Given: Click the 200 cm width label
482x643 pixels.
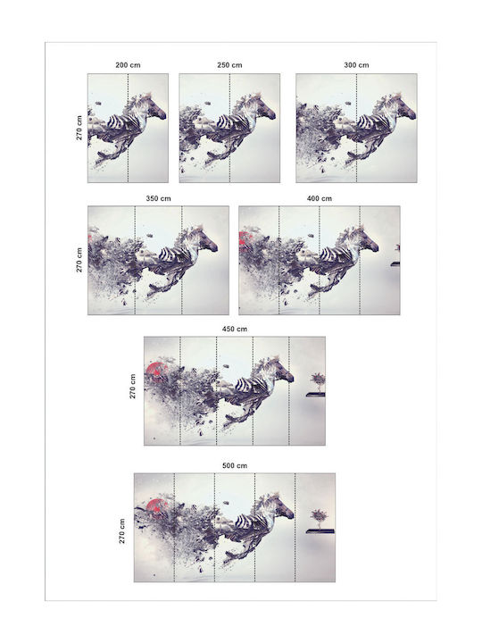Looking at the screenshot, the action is point(128,65).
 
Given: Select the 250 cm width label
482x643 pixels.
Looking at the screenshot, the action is point(229,65).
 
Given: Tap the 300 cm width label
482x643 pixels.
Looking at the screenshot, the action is point(356,65).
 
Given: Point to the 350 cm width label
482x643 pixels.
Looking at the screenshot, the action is point(158,198).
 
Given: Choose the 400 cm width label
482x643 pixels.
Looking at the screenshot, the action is point(320,198).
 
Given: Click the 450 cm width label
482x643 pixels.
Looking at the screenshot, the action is point(235,329).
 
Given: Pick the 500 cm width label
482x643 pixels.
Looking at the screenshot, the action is point(235,465).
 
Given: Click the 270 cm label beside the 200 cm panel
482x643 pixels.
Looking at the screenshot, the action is point(79,128).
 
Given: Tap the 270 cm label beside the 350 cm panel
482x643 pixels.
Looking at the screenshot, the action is point(79,260).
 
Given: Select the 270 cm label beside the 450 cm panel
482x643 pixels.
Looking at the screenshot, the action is point(132,387).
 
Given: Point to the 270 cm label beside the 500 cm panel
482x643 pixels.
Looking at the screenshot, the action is point(122,531).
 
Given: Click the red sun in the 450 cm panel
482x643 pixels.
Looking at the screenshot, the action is point(155,372).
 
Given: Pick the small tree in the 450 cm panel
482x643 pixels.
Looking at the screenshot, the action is point(318,381).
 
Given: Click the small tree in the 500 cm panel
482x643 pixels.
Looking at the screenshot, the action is point(318,517).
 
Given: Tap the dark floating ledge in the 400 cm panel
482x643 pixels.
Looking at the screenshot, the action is point(395,264).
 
